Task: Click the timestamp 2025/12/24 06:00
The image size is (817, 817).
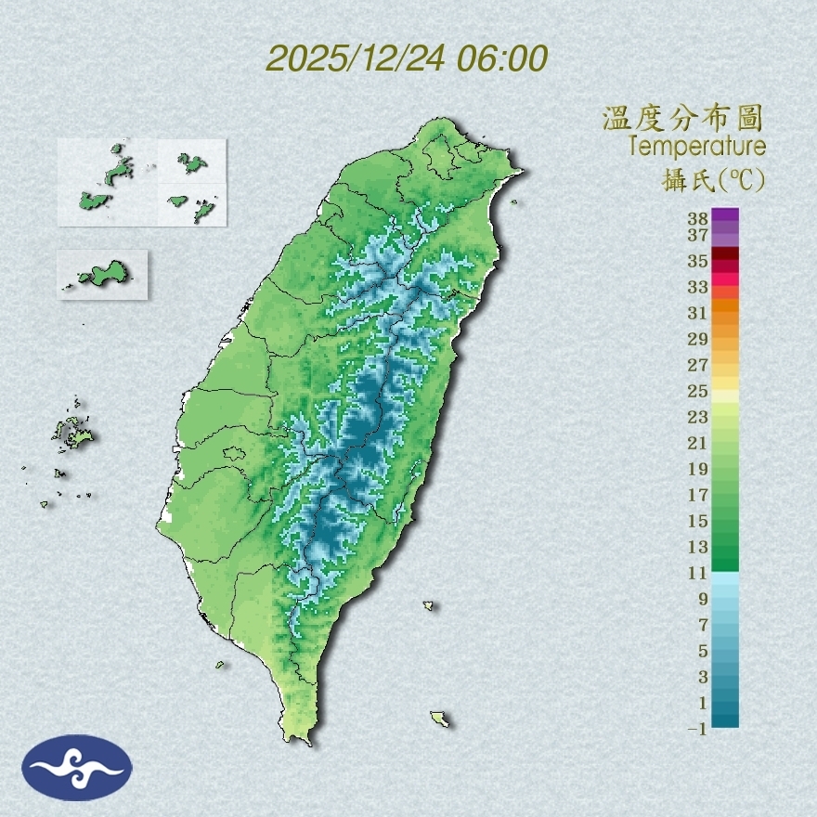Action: pos(407,58)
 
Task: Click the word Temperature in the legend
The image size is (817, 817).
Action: pos(696,146)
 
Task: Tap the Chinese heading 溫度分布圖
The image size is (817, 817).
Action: pos(683,118)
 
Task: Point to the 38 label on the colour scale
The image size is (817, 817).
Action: pos(698,219)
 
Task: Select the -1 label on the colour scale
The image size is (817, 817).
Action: pos(698,729)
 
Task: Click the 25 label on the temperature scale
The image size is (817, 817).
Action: pos(698,390)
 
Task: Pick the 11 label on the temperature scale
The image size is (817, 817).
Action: pos(698,573)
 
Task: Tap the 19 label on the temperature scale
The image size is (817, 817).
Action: pos(698,468)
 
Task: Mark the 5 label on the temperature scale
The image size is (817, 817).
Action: pos(703,650)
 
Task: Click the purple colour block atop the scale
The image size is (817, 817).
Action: pos(725,214)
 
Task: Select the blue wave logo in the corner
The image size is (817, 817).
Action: pos(77,767)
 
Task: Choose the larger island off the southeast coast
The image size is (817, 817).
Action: pos(440,719)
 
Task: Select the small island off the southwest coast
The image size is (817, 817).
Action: pos(221,664)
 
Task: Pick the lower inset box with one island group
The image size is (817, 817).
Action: pos(102,274)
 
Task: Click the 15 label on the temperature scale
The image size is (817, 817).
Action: pos(698,520)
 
